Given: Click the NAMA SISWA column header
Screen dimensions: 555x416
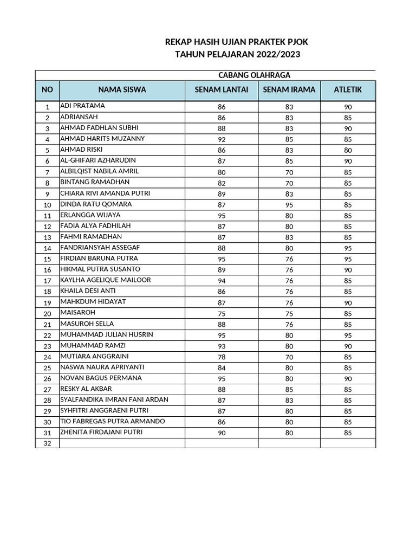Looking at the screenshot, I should [122, 89].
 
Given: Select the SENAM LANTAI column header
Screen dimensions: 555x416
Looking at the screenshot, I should [222, 89].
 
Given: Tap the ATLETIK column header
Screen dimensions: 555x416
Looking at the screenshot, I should [348, 89].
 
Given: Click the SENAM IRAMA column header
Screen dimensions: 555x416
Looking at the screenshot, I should [289, 89].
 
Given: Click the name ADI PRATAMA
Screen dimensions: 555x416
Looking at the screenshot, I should [82, 106].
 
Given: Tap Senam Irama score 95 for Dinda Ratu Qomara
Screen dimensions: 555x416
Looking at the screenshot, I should [289, 205].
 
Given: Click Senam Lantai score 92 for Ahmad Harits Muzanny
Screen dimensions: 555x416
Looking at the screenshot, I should [222, 139].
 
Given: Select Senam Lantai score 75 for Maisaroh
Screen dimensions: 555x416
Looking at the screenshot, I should [222, 313].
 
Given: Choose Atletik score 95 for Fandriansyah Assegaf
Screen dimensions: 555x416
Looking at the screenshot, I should [348, 248].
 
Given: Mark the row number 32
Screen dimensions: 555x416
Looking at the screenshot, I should [47, 443].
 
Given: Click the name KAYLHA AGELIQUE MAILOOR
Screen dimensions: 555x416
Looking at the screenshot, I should [105, 280].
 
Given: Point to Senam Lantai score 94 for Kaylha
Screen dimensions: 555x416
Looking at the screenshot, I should [222, 281].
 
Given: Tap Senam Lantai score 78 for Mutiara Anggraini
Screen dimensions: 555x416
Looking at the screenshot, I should [222, 357].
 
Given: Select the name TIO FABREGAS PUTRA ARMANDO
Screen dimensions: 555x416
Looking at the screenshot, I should [113, 421].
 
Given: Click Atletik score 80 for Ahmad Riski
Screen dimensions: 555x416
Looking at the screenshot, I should [348, 150].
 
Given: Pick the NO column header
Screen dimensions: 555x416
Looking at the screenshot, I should [47, 89].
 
